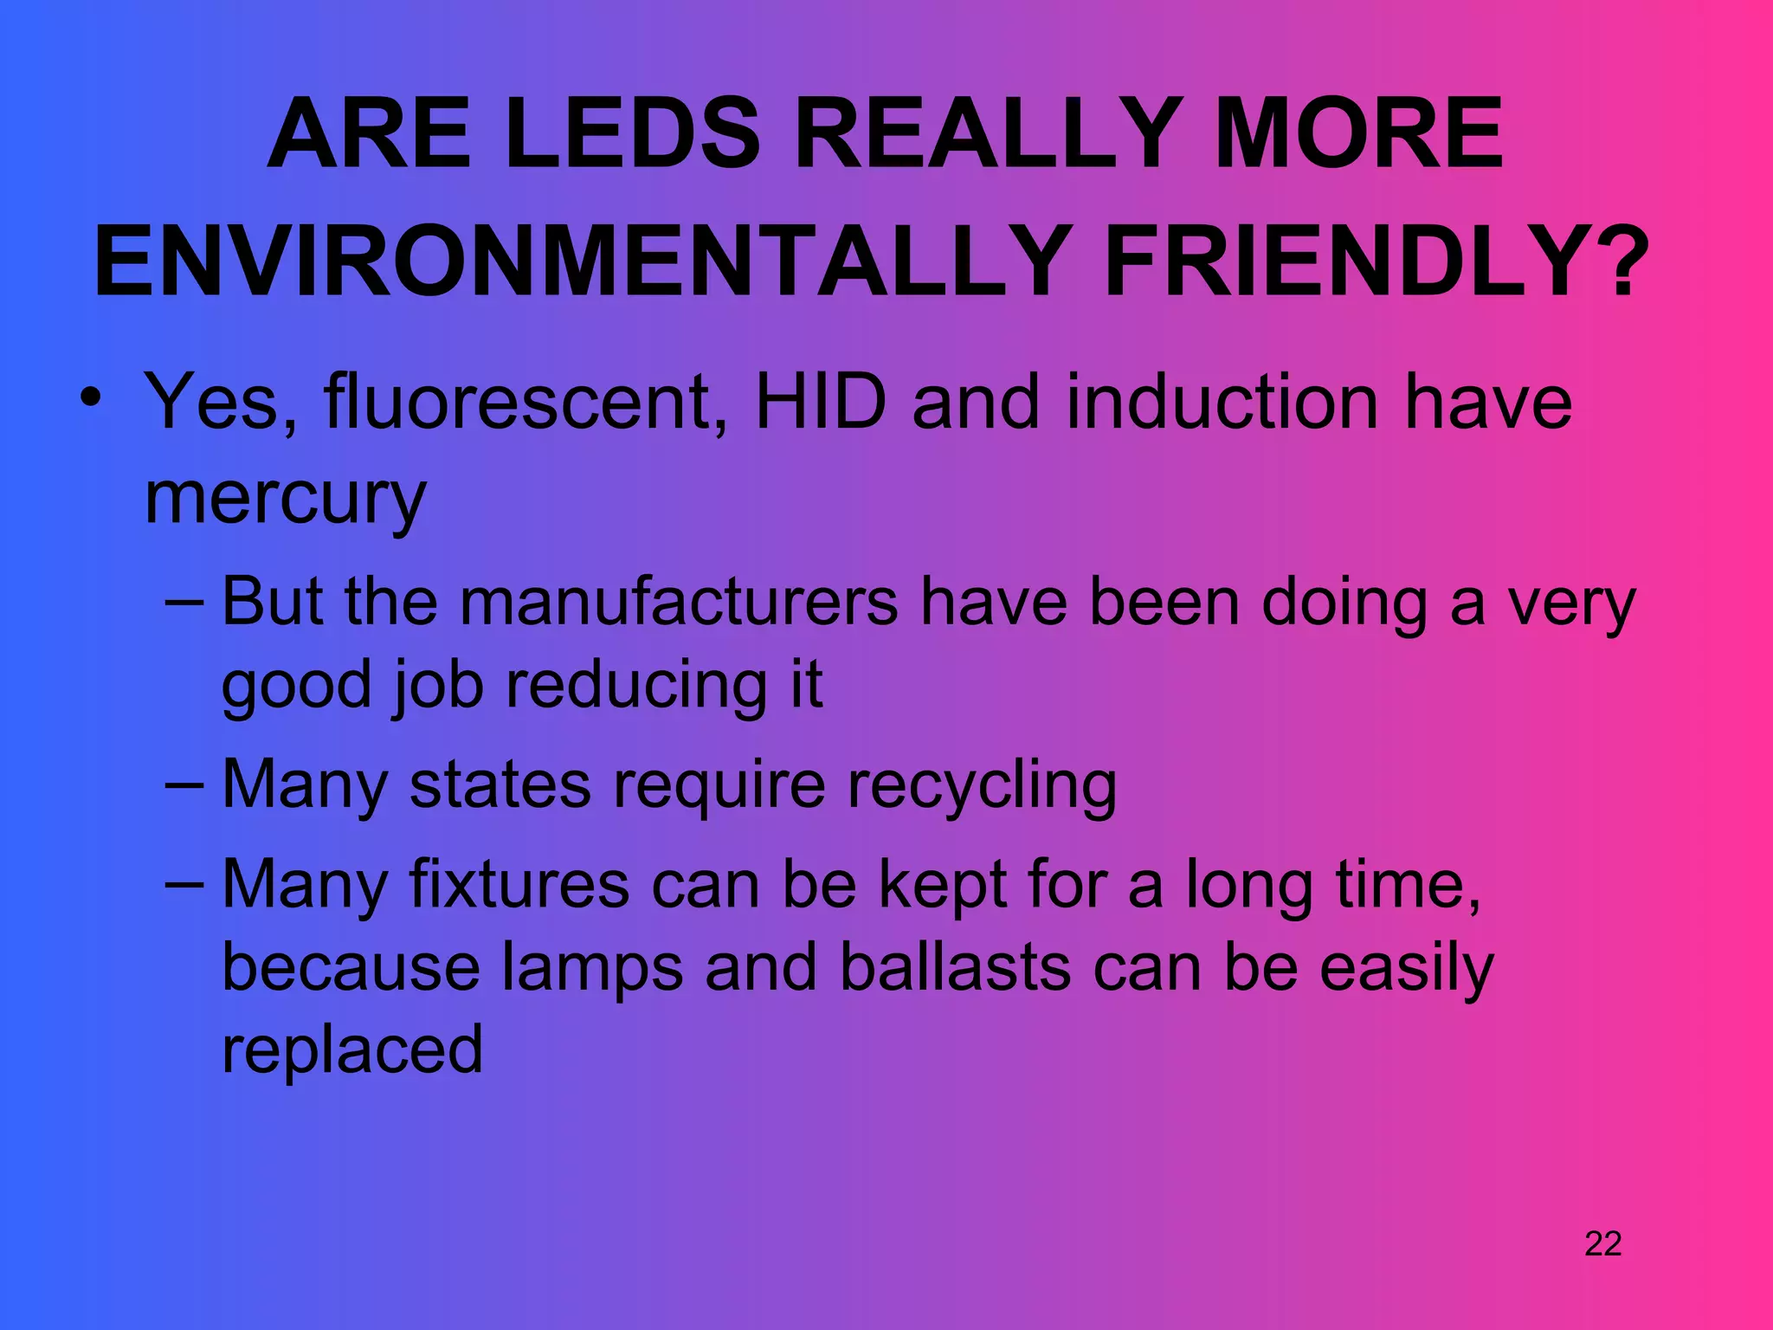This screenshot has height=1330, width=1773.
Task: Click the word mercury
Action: click(x=286, y=500)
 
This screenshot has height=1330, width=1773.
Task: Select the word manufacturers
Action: click(x=679, y=602)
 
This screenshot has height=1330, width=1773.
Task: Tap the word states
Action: click(x=500, y=784)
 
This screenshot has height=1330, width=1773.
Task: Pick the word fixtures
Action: click(x=519, y=884)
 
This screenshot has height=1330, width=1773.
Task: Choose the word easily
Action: click(x=1406, y=969)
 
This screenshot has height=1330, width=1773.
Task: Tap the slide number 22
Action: click(x=1602, y=1244)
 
